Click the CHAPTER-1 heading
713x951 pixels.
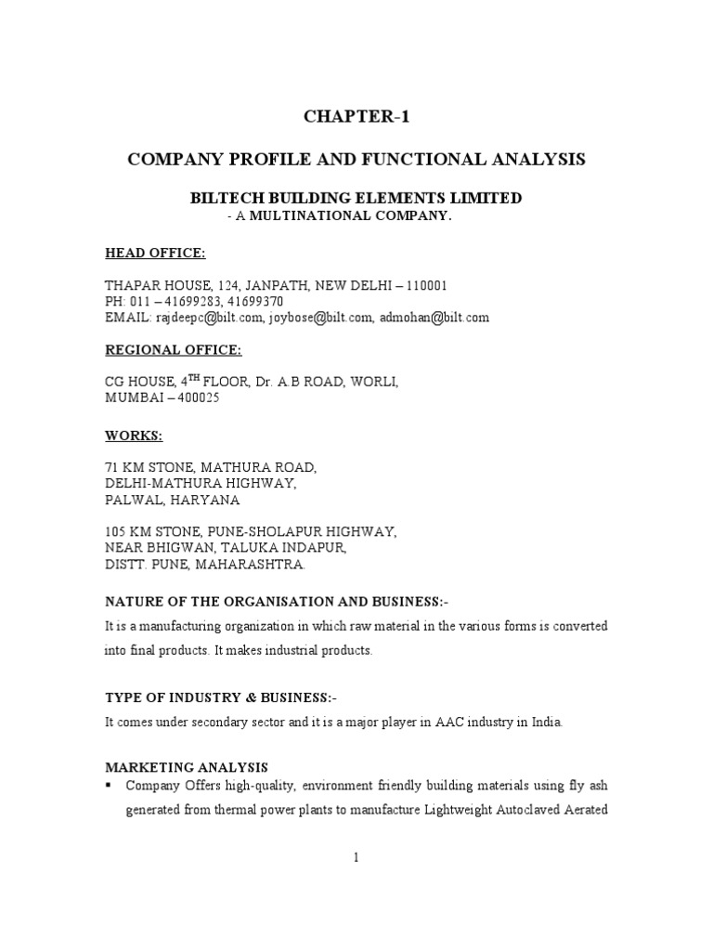click(356, 117)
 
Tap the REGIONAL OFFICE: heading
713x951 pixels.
click(173, 349)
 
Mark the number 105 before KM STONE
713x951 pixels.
click(114, 532)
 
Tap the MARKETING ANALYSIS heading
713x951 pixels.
click(186, 767)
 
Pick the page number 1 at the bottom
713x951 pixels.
click(356, 858)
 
